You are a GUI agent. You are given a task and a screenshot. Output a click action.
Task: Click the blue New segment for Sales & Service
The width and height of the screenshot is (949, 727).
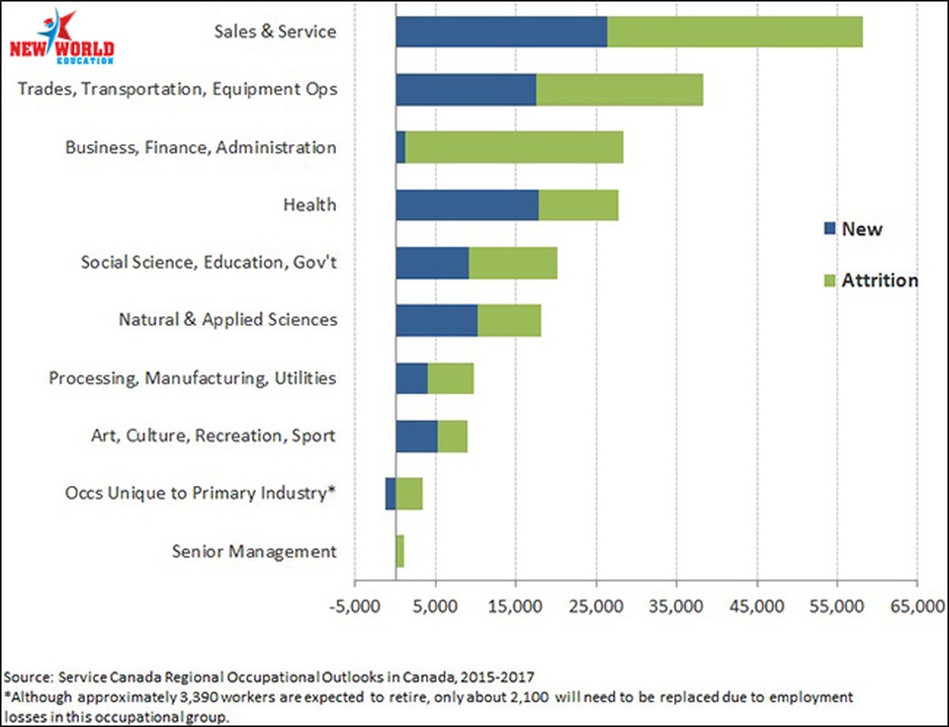[501, 32]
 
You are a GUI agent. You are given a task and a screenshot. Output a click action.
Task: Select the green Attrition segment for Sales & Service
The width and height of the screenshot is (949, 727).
[734, 32]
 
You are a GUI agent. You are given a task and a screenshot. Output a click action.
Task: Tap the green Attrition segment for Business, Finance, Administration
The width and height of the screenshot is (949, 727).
[514, 147]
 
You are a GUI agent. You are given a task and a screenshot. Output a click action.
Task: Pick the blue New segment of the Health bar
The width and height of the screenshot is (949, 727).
[467, 205]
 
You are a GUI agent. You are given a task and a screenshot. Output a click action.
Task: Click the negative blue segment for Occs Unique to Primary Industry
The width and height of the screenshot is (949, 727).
[390, 493]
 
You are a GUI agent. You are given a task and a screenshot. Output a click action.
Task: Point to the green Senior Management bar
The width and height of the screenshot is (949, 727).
[399, 551]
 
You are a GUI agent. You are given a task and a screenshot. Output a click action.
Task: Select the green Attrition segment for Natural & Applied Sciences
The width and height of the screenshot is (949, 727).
[509, 320]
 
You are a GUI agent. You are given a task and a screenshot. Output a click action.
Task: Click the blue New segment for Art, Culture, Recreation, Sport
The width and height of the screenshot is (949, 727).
[416, 436]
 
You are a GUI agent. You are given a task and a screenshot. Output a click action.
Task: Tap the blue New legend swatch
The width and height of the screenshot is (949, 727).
[828, 229]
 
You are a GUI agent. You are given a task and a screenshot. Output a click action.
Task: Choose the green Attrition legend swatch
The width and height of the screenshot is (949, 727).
[828, 281]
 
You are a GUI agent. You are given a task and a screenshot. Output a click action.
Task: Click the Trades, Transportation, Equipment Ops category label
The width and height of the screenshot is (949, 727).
[178, 89]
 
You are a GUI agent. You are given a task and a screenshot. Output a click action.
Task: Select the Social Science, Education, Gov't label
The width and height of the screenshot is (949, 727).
[209, 263]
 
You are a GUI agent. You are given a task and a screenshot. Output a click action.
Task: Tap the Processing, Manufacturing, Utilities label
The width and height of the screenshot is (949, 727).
[193, 378]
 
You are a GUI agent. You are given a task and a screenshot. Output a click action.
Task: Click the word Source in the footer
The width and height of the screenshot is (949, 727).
[28, 678]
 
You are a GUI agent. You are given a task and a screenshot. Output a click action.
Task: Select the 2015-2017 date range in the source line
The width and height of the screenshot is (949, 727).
[499, 678]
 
